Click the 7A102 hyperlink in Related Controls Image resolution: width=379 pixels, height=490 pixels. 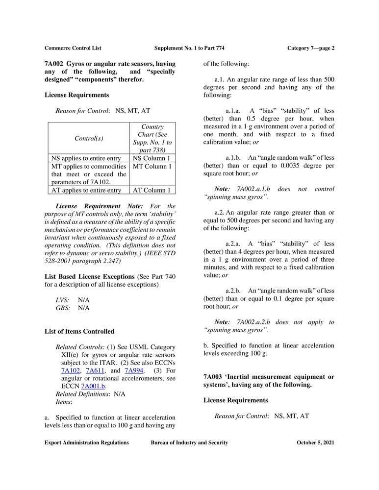tap(71, 370)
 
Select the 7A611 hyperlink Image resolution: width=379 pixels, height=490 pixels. tap(95, 370)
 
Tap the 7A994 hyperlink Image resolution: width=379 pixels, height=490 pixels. tap(135, 370)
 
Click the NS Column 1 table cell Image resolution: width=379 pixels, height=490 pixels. tap(152, 158)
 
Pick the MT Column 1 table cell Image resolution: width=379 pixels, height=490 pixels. tap(152, 167)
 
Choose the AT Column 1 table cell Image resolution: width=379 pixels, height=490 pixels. tap(152, 190)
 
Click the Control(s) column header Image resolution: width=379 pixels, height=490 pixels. tap(89, 139)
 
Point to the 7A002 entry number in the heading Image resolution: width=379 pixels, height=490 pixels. tap(53, 64)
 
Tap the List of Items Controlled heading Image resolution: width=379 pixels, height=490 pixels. tap(79, 332)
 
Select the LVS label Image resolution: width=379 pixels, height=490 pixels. tap(63, 299)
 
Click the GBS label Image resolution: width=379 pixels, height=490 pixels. tap(63, 308)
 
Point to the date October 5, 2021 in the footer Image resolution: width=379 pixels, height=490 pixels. tap(315, 443)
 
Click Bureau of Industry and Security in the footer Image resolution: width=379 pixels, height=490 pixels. tap(189, 443)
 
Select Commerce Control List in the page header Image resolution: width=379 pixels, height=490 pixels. tap(73, 48)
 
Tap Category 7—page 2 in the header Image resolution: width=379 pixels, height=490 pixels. tap(311, 48)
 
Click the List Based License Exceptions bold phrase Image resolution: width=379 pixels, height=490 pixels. tap(89, 277)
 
